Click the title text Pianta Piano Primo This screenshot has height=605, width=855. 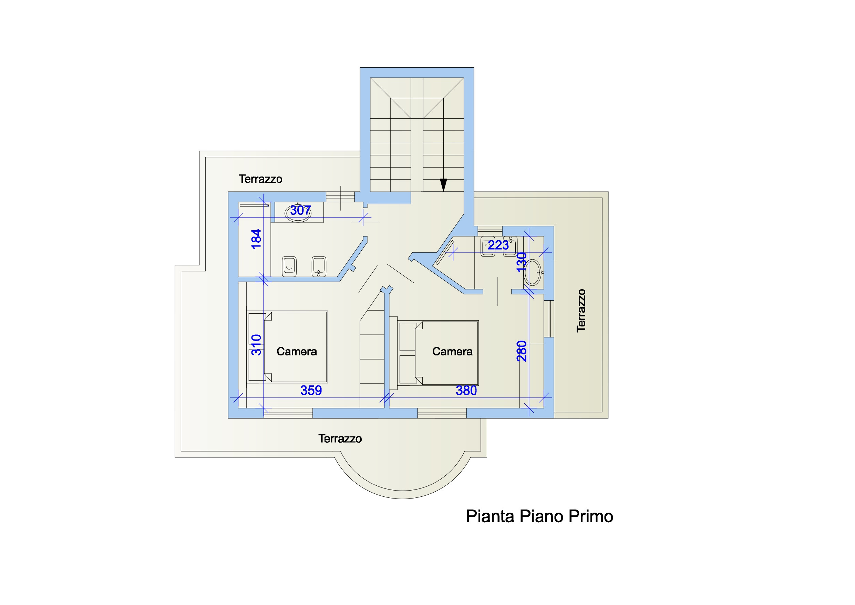click(539, 517)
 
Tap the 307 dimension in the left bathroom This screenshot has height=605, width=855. click(300, 211)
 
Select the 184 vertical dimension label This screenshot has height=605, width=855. click(256, 239)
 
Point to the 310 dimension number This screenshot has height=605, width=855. click(256, 345)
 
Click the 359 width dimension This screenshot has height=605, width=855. click(311, 390)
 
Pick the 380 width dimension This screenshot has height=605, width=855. click(466, 390)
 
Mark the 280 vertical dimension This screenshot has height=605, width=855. click(522, 351)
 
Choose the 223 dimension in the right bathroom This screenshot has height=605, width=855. click(498, 245)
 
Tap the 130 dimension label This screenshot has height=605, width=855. click(522, 262)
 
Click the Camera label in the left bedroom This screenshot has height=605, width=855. click(297, 352)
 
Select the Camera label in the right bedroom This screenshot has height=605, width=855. click(452, 352)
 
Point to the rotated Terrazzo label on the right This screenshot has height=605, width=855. click(581, 311)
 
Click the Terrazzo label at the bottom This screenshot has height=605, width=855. click(340, 439)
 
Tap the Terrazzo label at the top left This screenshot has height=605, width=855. click(260, 179)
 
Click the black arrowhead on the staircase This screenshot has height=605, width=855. click(443, 185)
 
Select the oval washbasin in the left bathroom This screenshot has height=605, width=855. click(298, 213)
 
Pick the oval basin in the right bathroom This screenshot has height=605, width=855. click(533, 272)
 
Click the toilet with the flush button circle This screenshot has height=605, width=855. click(319, 266)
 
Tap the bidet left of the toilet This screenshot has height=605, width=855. click(289, 266)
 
